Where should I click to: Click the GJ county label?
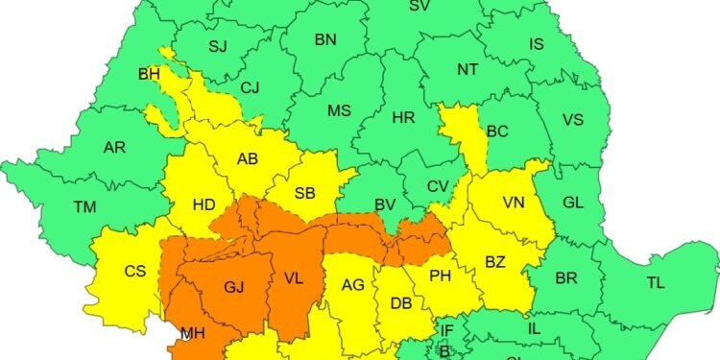coord(233,287)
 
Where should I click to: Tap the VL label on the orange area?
coord(294,279)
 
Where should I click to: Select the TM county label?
coord(84,205)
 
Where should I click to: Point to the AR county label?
coord(115,148)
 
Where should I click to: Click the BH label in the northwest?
coord(149,74)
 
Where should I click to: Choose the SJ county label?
coord(218,46)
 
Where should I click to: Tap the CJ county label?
coord(251,88)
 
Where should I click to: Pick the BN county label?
coord(325,39)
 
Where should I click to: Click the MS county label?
coord(339,110)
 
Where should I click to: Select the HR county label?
coord(403,118)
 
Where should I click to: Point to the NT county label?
coord(468,70)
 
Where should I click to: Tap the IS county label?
coord(537,43)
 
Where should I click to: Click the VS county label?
coord(572,120)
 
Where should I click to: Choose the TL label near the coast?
coord(655,282)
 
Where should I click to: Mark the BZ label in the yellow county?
coord(495,260)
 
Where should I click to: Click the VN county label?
coord(514,203)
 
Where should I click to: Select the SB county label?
coord(305,193)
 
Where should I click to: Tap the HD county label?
coord(204,204)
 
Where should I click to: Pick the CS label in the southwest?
coord(135,271)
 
